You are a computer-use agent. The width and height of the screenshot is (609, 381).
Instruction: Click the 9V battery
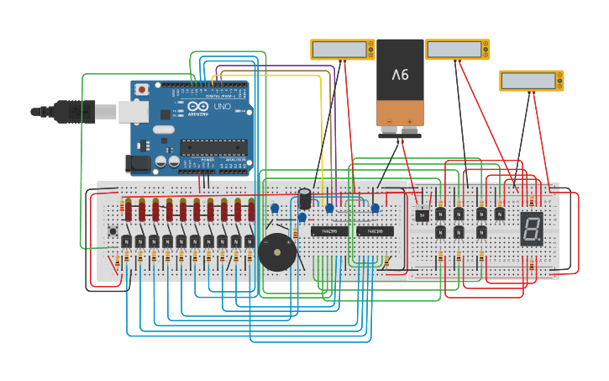[x=400, y=82]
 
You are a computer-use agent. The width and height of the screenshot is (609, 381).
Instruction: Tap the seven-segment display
[x=531, y=227]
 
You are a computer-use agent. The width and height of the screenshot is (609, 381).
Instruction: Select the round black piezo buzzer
[x=276, y=252]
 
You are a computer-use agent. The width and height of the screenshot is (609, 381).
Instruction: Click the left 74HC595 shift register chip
[x=329, y=230]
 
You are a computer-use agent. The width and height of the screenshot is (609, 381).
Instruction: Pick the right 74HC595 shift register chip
[x=375, y=230]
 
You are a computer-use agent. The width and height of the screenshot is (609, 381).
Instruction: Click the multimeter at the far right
[x=531, y=81]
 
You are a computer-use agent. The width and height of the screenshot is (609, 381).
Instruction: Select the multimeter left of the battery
[x=342, y=50]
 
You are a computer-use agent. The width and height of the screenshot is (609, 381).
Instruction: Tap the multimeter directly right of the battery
[x=457, y=50]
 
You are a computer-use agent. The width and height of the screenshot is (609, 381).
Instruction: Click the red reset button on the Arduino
[x=143, y=88]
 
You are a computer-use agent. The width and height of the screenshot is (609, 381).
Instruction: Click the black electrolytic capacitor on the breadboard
[x=305, y=199]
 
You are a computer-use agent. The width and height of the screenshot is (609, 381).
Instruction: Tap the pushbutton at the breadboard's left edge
[x=113, y=230]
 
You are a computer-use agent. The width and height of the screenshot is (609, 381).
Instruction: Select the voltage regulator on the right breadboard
[x=423, y=214]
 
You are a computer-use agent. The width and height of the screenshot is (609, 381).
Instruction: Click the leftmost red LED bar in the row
[x=129, y=209]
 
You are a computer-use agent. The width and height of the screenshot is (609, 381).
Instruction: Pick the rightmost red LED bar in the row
[x=251, y=209]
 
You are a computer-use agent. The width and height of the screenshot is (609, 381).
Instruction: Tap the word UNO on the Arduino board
[x=222, y=107]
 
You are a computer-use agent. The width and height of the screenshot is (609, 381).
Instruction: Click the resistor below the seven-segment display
[x=532, y=266]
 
